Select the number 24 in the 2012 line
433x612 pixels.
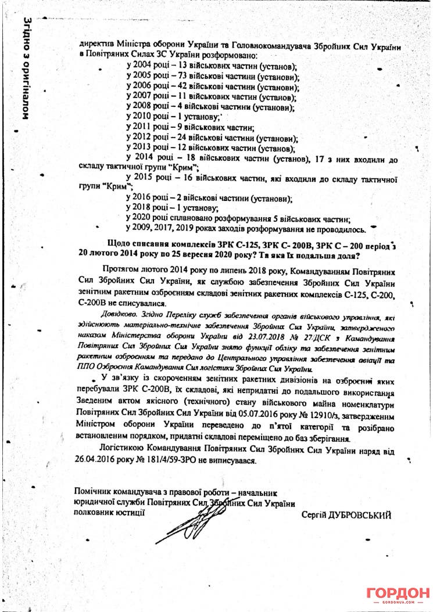[x=180, y=138]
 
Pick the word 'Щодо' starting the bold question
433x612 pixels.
[x=120, y=244]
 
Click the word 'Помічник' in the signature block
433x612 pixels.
[x=92, y=492]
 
